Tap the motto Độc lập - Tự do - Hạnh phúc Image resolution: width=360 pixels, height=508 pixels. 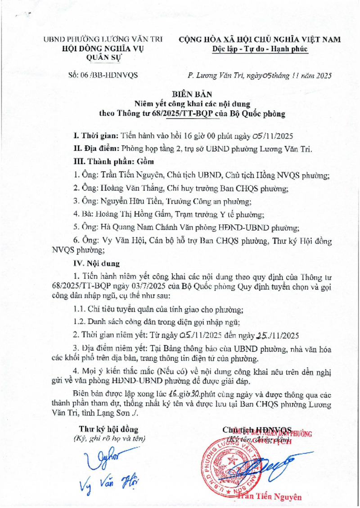tap(260, 49)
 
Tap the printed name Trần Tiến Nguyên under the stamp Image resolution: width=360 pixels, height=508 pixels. tap(274, 497)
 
